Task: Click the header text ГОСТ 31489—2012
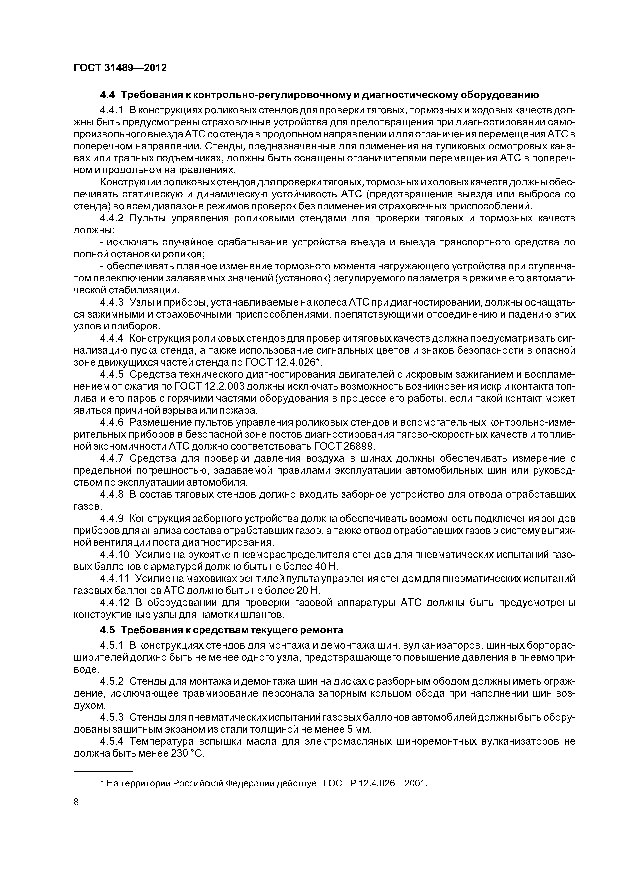click(120, 68)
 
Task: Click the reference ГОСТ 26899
click(344, 446)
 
